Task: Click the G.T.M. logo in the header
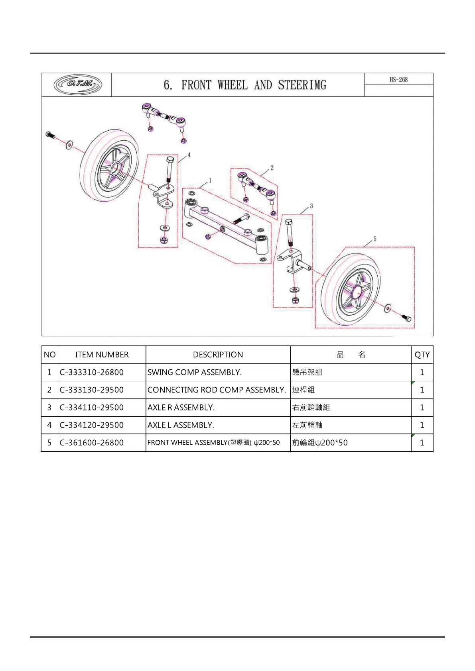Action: coord(78,84)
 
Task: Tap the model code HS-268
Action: coord(398,79)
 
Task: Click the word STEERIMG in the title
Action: coord(302,85)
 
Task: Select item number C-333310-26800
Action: coord(92,372)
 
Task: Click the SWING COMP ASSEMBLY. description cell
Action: coord(195,372)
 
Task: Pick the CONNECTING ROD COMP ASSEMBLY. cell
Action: coord(217,390)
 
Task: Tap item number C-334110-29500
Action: coord(92,407)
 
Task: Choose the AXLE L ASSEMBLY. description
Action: coord(181,425)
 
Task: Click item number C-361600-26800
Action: coord(92,443)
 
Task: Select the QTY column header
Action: coord(422,355)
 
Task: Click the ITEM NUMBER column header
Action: coord(102,355)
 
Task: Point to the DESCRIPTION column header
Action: coord(218,355)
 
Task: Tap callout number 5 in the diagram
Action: coord(375,239)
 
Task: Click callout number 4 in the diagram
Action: coord(189,155)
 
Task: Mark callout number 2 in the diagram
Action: coord(272,168)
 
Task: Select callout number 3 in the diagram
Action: coord(311,206)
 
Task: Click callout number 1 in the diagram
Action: coord(210,181)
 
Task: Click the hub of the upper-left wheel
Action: coord(115,167)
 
